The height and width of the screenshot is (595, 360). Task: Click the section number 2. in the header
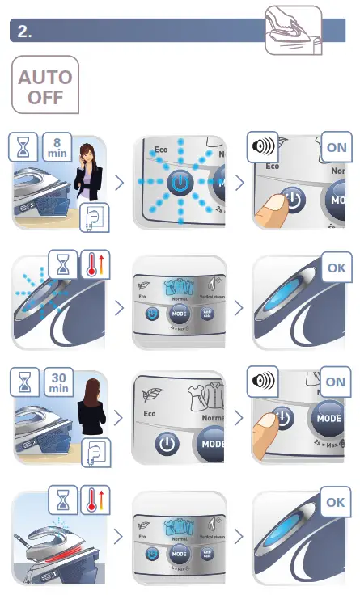pyautogui.click(x=25, y=32)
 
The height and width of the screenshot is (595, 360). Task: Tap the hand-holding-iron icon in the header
pyautogui.click(x=293, y=30)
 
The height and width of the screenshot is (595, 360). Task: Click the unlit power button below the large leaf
pyautogui.click(x=167, y=443)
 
